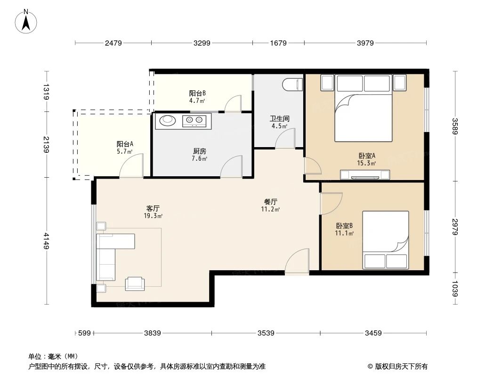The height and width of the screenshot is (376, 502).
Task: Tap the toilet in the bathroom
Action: click(x=292, y=85)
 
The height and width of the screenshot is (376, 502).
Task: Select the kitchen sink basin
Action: click(x=167, y=121)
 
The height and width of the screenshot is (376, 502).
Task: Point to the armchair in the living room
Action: click(x=135, y=283)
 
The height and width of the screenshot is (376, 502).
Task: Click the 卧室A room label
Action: click(x=366, y=159)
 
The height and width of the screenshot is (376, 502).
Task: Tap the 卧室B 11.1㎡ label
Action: click(x=344, y=229)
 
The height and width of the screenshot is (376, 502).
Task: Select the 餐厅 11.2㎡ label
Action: click(x=270, y=205)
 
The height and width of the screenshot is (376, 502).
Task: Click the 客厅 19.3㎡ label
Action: click(x=153, y=211)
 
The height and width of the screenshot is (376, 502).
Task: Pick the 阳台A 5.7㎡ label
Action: click(x=125, y=148)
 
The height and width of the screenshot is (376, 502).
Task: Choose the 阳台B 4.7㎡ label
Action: click(x=197, y=97)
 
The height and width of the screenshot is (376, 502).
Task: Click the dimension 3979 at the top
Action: click(x=365, y=43)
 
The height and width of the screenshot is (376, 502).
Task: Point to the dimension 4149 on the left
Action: click(x=46, y=241)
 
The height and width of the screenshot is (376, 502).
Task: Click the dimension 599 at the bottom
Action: click(x=84, y=333)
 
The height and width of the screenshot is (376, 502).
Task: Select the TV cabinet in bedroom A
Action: click(x=365, y=175)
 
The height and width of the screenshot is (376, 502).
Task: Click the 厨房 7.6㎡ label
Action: click(x=200, y=155)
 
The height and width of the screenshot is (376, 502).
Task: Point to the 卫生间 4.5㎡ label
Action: click(x=280, y=122)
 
